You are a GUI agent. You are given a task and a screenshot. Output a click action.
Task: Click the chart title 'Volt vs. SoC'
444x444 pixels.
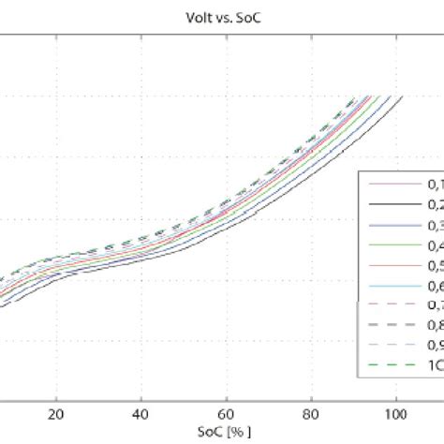tap(221, 14)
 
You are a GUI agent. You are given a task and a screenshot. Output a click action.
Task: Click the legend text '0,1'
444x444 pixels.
tap(435, 187)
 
